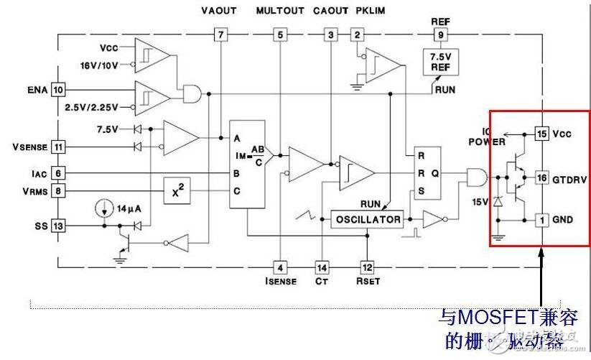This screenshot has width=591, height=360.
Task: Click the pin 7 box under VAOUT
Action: point(220,34)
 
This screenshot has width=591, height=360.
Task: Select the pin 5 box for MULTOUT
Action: point(279,34)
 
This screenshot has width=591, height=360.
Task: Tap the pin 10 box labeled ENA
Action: point(58,90)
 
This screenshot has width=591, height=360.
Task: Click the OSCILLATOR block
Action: point(366,220)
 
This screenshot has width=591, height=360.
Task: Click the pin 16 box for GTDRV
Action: point(541,177)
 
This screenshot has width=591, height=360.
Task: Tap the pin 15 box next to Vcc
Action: point(541,134)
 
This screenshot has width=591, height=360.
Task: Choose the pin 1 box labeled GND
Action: point(541,218)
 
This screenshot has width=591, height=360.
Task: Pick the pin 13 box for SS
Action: point(58,226)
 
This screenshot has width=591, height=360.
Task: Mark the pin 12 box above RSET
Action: point(367,267)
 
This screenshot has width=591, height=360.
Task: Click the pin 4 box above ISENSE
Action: point(279,267)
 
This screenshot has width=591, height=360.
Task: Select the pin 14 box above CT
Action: point(322,267)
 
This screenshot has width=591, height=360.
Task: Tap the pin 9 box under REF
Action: point(440,34)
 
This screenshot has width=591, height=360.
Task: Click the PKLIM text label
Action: point(370,11)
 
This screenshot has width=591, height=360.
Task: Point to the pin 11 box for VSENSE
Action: point(58,147)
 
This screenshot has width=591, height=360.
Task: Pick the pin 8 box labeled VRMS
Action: point(58,191)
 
